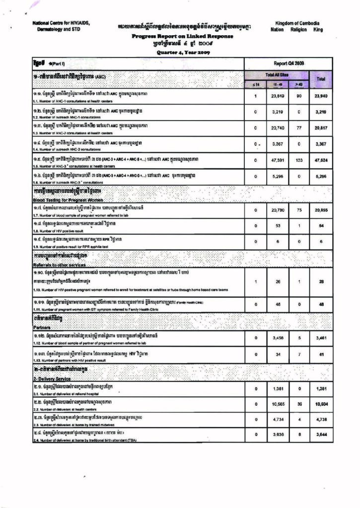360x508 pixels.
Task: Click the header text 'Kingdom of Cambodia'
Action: click(x=297, y=23)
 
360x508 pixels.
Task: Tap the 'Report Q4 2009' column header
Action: click(x=288, y=63)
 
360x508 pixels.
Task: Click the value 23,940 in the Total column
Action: click(x=321, y=96)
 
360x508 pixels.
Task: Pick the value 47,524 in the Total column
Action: click(x=321, y=161)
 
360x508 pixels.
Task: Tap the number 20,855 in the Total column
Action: click(x=321, y=210)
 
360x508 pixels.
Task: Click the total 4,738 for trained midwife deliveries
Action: click(x=321, y=419)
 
